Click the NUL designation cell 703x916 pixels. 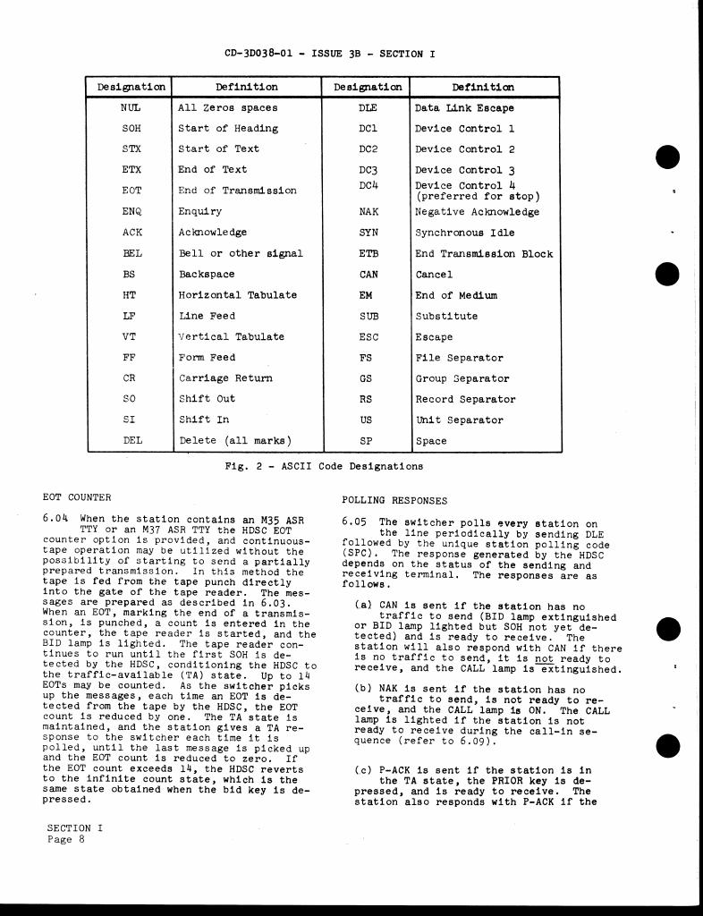131,108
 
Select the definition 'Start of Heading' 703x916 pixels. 228,129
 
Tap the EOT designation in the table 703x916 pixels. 131,191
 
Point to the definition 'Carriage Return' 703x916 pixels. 225,378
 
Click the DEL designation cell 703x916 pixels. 131,441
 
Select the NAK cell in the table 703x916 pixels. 368,212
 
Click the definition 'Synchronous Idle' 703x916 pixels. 464,233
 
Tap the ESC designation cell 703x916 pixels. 368,337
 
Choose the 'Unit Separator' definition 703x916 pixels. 460,420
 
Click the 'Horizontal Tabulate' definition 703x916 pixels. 237,295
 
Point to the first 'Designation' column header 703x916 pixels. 131,88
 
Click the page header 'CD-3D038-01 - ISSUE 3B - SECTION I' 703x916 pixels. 330,54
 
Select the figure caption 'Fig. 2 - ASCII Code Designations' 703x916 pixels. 325,466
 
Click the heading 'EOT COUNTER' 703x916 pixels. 77,497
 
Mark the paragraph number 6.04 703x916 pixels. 56,518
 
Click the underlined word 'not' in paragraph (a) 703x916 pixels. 545,658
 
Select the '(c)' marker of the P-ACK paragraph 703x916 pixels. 363,770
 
